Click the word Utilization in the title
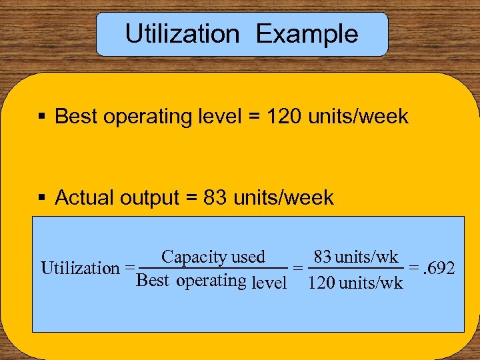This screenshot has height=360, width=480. [x=182, y=34]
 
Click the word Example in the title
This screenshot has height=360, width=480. [x=307, y=34]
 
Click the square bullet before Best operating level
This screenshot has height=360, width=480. [x=42, y=117]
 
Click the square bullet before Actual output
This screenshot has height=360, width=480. [x=42, y=198]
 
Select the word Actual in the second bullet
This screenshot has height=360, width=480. [x=79, y=198]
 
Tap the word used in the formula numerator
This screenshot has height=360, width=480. [x=248, y=257]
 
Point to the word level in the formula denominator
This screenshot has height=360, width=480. [x=269, y=282]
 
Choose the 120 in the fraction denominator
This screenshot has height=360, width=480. [x=321, y=283]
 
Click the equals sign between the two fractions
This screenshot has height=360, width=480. [x=299, y=268]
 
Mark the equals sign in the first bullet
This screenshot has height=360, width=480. [x=253, y=117]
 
